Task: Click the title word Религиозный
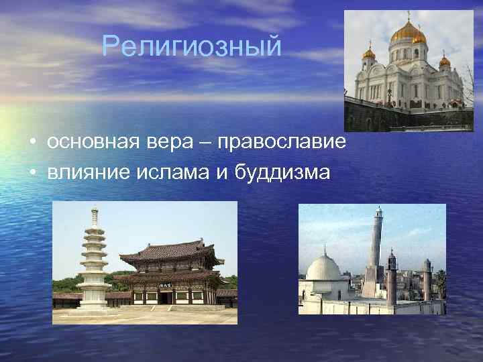pos(192,47)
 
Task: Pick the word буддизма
pos(282,172)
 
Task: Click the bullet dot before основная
pos(32,143)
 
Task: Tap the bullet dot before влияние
pos(32,173)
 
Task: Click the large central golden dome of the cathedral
pos(405,31)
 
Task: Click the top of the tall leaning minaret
pos(378,212)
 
